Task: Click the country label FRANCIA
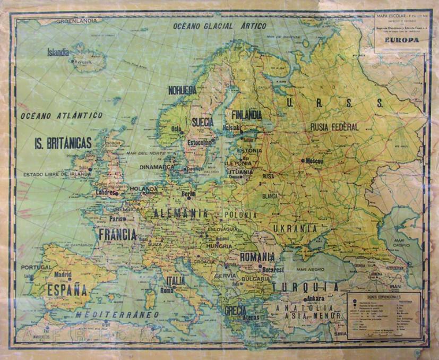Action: click(117, 234)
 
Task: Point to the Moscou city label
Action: click(314, 160)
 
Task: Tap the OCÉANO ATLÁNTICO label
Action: click(61, 115)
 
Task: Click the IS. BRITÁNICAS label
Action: click(63, 143)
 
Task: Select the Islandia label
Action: click(58, 53)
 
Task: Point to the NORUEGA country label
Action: click(182, 90)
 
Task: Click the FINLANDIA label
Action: click(246, 114)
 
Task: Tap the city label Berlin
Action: click(188, 194)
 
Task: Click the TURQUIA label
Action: click(305, 287)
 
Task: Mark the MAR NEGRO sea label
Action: click(311, 269)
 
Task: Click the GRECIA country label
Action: click(235, 310)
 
